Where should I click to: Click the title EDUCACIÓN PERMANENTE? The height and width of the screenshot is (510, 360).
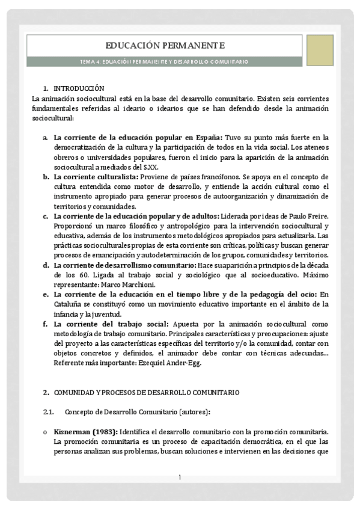click(x=165, y=45)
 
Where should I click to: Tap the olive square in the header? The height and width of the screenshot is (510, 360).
click(x=320, y=50)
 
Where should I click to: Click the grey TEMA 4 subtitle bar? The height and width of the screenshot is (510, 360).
click(x=165, y=61)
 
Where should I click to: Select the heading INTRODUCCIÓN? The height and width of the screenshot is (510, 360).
click(x=79, y=88)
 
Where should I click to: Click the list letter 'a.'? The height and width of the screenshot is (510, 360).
click(x=46, y=138)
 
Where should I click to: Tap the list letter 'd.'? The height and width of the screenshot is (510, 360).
click(x=46, y=265)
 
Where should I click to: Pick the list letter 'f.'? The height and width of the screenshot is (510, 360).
click(x=46, y=324)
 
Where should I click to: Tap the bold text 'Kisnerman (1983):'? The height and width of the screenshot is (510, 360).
click(x=86, y=431)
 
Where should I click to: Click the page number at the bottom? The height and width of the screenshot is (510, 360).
click(x=179, y=478)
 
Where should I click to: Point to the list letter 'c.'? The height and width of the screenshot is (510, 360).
click(x=46, y=216)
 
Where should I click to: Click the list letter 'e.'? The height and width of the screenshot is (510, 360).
click(x=46, y=294)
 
